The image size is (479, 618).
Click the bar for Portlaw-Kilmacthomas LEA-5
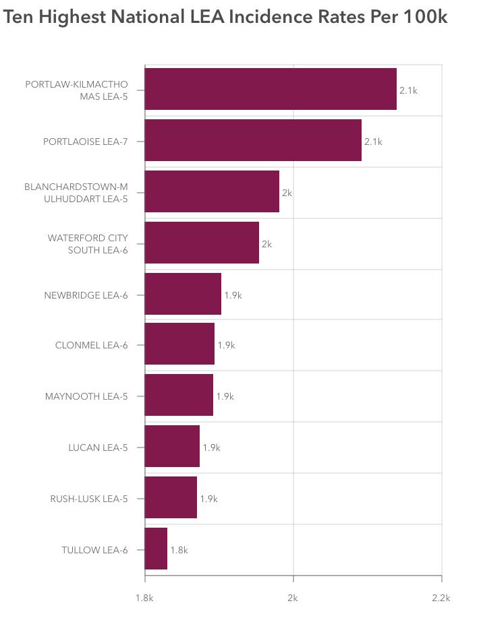(x=271, y=89)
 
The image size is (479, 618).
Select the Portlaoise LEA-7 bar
(x=253, y=140)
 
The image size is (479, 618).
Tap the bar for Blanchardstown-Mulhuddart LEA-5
(x=212, y=191)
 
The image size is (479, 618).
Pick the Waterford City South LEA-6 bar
(x=202, y=243)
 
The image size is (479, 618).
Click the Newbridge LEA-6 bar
(x=183, y=294)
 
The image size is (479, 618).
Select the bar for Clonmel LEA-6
(x=179, y=344)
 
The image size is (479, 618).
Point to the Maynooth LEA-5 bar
(x=179, y=396)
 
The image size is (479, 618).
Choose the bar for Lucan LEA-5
(x=172, y=447)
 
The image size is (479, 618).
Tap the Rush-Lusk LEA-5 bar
(x=171, y=498)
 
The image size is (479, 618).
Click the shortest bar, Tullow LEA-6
(x=156, y=549)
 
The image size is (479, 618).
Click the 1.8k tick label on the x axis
(x=145, y=598)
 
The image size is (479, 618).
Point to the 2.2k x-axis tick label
(x=441, y=598)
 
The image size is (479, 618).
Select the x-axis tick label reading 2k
(x=293, y=598)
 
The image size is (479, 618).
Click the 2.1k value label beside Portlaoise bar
(x=373, y=142)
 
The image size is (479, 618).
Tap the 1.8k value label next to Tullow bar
(x=179, y=550)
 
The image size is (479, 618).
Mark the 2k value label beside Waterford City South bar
(x=266, y=244)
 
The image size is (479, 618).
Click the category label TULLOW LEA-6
(x=94, y=550)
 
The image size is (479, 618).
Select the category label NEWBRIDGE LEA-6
(x=86, y=295)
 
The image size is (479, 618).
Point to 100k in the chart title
(x=426, y=18)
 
